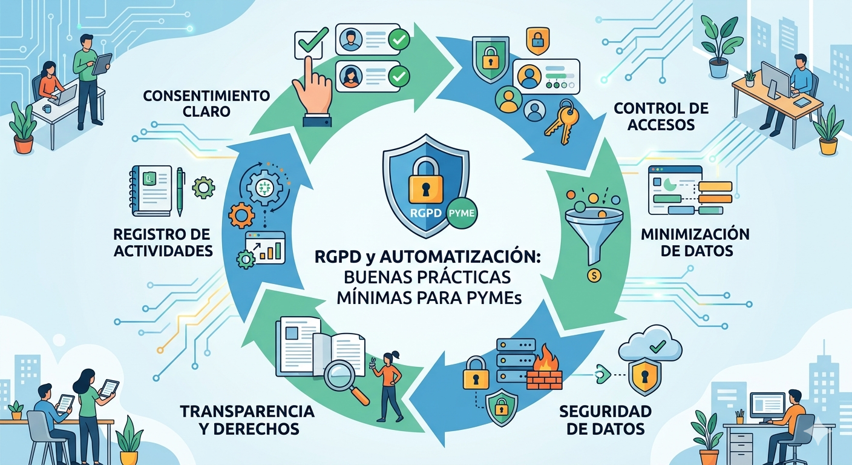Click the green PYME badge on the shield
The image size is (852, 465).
click(x=461, y=213)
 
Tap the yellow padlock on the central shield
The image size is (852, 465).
click(x=425, y=181)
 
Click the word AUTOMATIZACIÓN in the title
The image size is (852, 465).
click(x=460, y=257)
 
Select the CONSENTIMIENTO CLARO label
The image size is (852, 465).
click(x=206, y=104)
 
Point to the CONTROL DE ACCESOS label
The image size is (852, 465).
click(x=661, y=116)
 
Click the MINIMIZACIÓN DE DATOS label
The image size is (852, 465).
click(x=695, y=242)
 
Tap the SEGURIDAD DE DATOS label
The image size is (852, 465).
click(x=606, y=420)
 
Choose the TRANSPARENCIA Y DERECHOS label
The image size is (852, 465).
click(x=247, y=420)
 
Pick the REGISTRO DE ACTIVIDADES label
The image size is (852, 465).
click(x=162, y=242)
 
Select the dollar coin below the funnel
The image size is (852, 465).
click(x=594, y=275)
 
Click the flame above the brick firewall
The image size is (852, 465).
click(x=546, y=360)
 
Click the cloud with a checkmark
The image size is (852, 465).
click(x=650, y=345)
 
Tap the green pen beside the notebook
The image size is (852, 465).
click(x=180, y=192)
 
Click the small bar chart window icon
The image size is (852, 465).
click(x=265, y=248)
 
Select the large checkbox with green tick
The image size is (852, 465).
click(x=309, y=43)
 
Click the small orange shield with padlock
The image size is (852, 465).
click(x=537, y=41)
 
